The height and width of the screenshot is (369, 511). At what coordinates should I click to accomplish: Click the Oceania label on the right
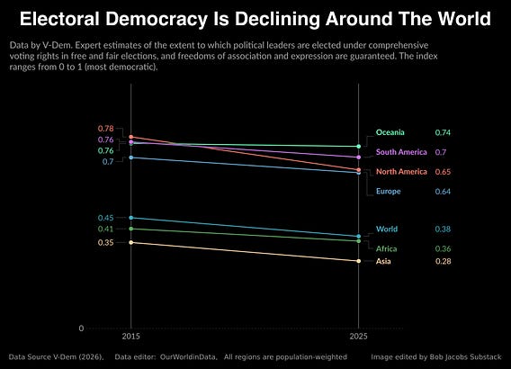tap(390, 132)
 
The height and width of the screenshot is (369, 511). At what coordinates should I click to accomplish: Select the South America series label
tap(401, 152)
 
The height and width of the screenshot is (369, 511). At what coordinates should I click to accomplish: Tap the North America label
tap(401, 172)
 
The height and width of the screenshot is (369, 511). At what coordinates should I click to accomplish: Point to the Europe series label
tap(388, 191)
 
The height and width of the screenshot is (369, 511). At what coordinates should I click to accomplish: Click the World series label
tap(387, 229)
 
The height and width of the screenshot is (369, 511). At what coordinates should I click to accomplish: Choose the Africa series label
tap(386, 248)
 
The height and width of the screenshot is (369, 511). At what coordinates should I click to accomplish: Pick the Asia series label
tap(383, 261)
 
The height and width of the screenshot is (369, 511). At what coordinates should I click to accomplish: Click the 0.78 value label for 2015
tap(106, 129)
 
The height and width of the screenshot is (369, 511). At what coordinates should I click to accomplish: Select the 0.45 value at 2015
tap(106, 218)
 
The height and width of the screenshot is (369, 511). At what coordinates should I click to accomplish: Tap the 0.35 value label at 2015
tap(106, 242)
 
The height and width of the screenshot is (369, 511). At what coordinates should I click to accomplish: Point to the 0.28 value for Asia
tap(443, 261)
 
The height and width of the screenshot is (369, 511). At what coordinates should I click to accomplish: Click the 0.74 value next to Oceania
tap(443, 132)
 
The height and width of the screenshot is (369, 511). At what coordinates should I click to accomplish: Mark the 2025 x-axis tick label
tap(358, 336)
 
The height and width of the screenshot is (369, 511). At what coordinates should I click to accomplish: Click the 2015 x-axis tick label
tap(131, 336)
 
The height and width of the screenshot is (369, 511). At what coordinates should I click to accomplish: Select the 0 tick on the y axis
tap(81, 328)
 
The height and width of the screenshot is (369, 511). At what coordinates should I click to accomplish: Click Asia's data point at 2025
tap(358, 261)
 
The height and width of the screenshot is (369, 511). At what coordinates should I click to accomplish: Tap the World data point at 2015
tap(131, 218)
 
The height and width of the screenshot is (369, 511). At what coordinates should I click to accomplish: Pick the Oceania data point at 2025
tap(358, 147)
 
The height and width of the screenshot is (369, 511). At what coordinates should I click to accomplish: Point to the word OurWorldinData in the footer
tap(188, 357)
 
